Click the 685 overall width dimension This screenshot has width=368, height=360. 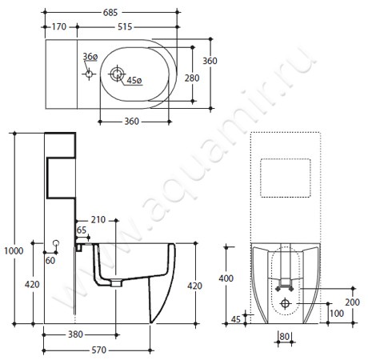point(110,12)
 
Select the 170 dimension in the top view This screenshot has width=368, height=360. point(59,26)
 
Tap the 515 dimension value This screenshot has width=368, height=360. point(125,26)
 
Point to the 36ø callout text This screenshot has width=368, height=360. point(90,57)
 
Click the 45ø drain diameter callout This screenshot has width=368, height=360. point(134,80)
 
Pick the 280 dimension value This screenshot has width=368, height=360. point(192,78)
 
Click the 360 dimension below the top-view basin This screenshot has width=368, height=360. point(132,122)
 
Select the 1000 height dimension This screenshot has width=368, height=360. point(14,250)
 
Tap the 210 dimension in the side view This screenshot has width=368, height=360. point(98,219)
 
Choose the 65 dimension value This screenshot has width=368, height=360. point(82,230)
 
